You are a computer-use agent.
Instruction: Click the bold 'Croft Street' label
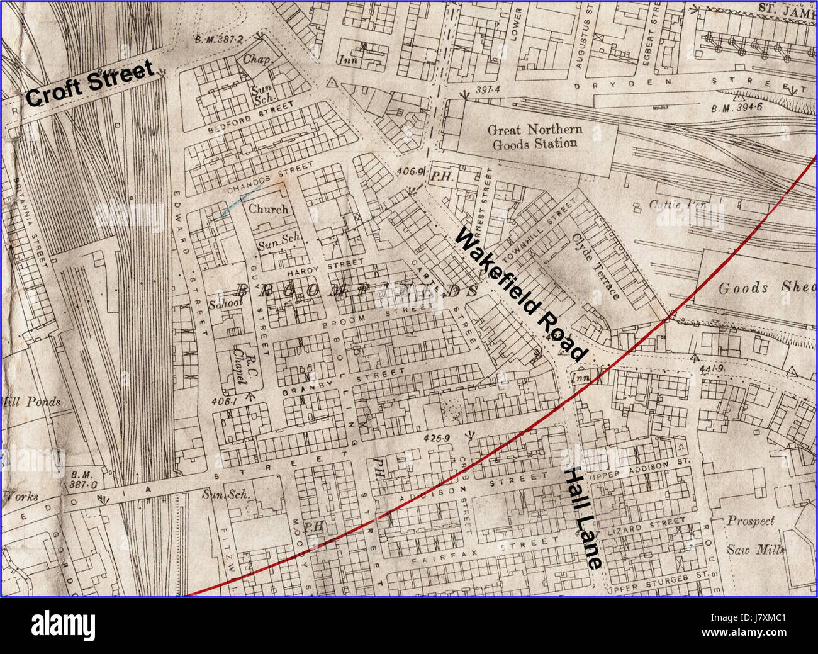pos(90,83)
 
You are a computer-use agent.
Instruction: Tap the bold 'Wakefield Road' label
pos(520,295)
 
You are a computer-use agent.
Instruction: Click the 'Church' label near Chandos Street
pos(268,209)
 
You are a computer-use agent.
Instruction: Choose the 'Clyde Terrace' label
pos(596,266)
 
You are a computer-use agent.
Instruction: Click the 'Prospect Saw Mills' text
pos(754,535)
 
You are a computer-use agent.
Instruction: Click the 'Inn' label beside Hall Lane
pos(579,376)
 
